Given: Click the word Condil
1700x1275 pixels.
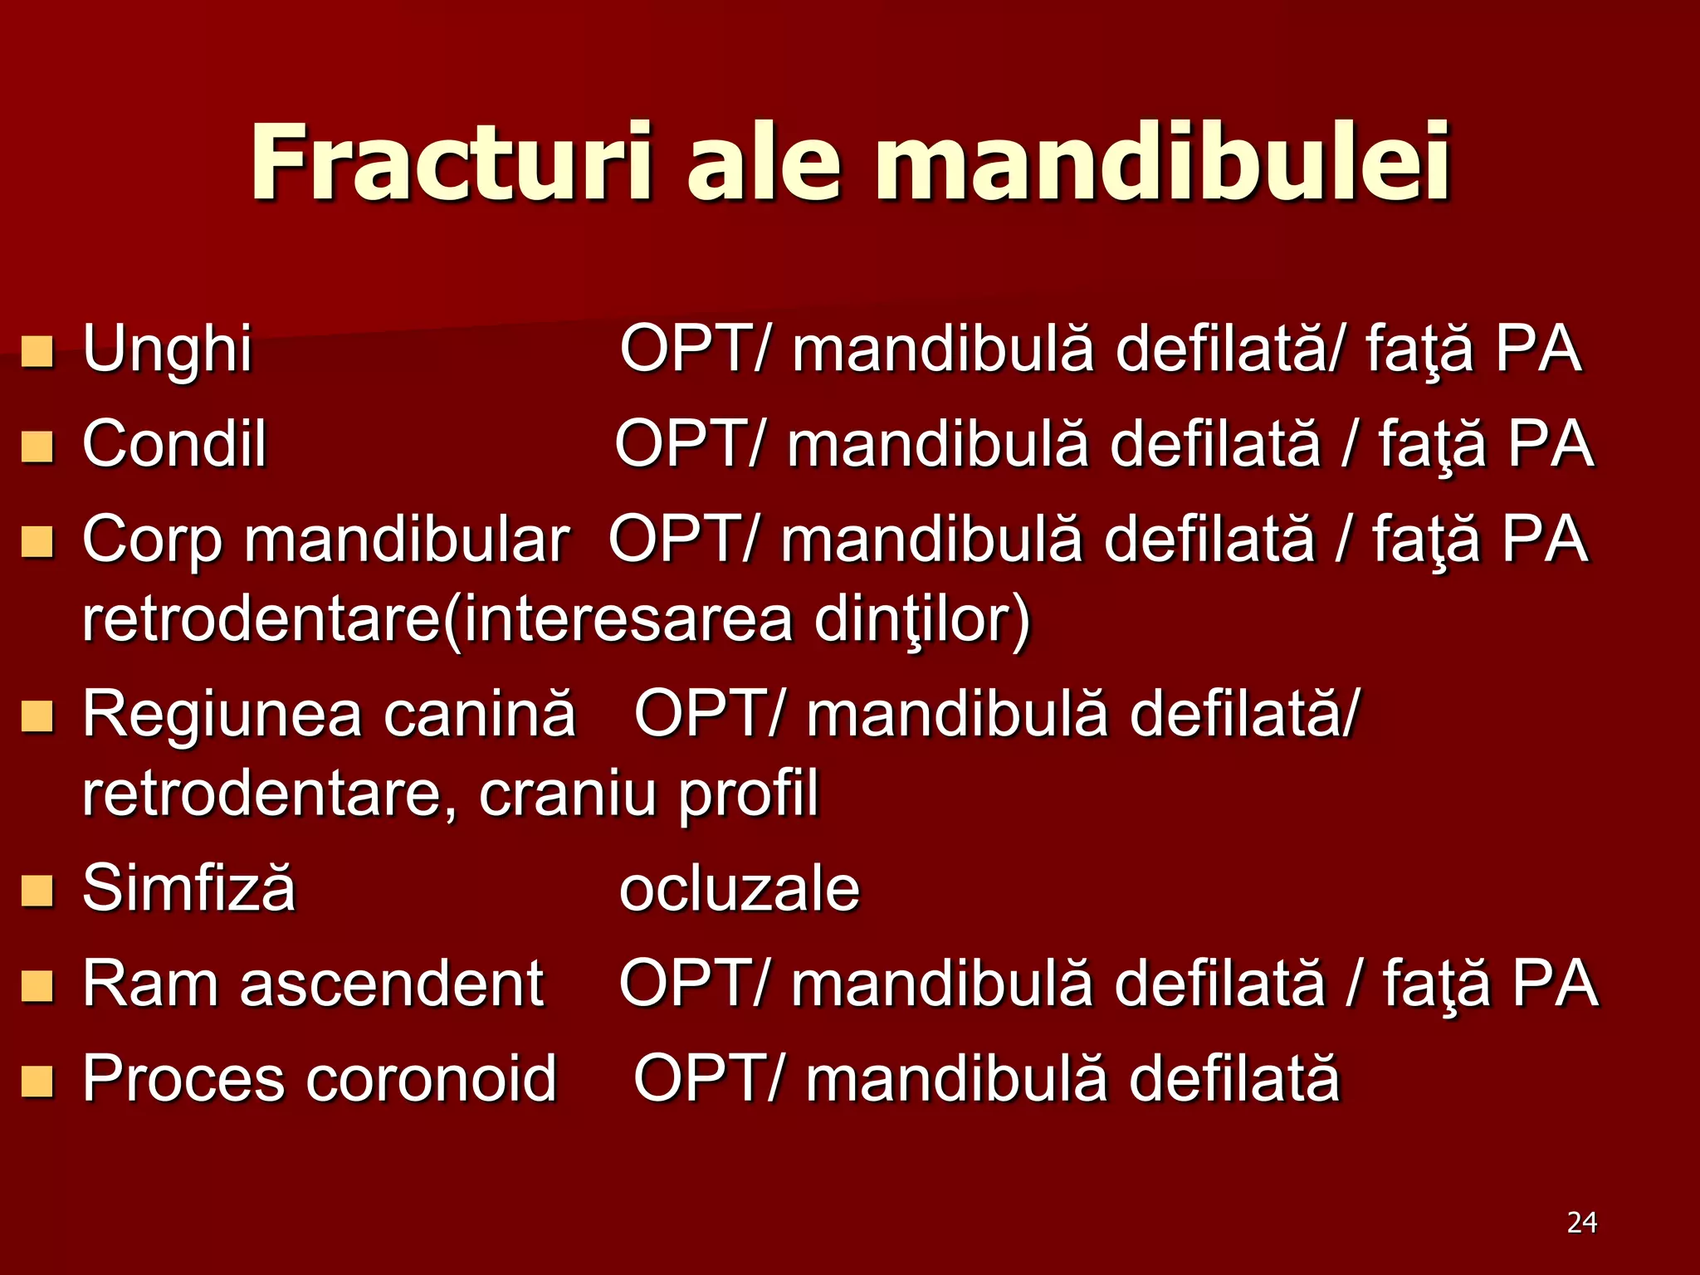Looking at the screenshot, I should point(174,444).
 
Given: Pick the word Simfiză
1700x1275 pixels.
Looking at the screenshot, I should point(188,888).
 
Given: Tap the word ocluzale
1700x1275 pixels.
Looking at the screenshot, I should point(739,889).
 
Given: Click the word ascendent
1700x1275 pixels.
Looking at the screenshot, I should point(392,984).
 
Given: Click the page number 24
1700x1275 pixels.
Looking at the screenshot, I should point(1581,1223).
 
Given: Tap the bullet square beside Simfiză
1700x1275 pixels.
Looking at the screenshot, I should point(37,891).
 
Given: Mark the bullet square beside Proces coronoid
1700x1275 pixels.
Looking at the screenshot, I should point(37,1082).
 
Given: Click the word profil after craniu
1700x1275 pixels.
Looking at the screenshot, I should point(748,795).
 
